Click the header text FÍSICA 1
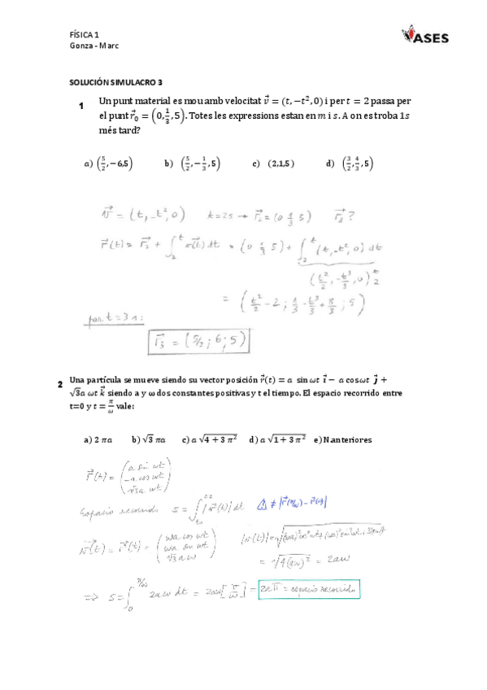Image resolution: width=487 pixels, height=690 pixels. pyautogui.click(x=85, y=34)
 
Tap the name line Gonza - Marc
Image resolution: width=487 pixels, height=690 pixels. pyautogui.click(x=94, y=46)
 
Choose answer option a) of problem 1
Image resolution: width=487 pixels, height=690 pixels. pyautogui.click(x=108, y=164)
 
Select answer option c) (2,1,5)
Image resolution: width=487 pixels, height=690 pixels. pyautogui.click(x=272, y=164)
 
